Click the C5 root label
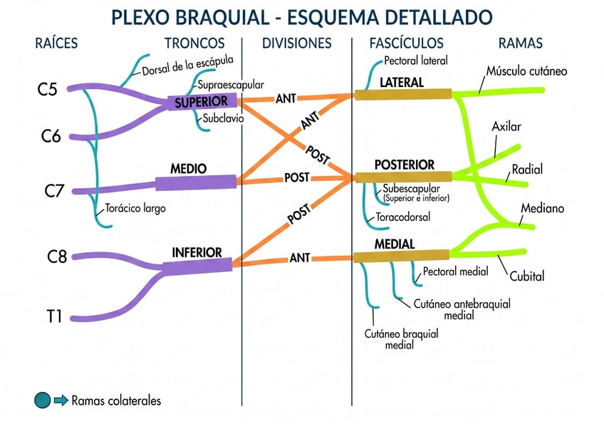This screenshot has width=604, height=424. point(47,90)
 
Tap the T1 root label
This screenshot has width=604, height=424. point(54,315)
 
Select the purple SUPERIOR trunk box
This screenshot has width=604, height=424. point(202,103)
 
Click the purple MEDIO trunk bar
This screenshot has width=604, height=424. point(196,182)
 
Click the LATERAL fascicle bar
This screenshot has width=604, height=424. point(403,94)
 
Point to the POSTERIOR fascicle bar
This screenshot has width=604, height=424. point(403,177)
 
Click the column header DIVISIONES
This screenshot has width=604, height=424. point(297,43)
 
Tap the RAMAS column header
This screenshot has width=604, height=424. point(520,43)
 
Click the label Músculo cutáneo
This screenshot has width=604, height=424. point(527,71)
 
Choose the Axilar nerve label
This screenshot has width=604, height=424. point(506,127)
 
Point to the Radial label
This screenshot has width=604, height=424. point(527,170)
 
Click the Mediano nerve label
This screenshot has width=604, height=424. point(542,209)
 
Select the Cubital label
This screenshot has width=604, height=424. point(527,276)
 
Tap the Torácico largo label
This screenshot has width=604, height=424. point(135,209)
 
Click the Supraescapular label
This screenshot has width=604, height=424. point(231,85)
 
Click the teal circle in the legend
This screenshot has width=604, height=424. point(43,400)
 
